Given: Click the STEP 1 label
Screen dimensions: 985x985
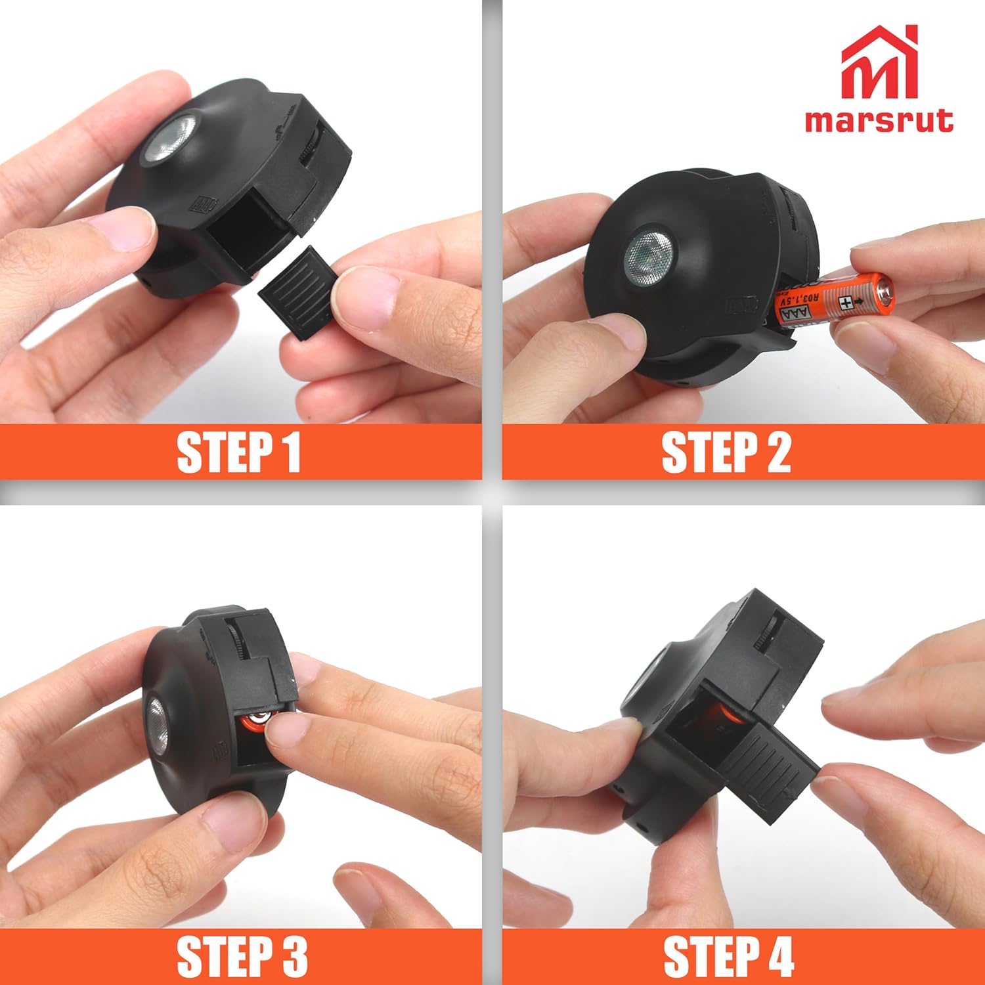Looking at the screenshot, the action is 239,452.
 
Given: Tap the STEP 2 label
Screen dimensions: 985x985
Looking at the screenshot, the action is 726,452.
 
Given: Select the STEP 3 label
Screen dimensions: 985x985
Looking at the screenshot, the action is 242,956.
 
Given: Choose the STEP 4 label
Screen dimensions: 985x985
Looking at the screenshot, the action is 729,956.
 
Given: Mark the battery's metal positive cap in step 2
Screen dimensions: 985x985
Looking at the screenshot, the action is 886,290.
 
